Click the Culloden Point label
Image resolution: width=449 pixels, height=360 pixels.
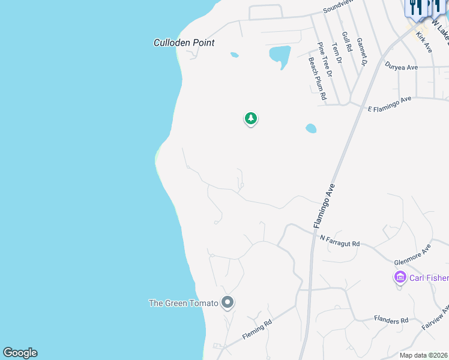184,43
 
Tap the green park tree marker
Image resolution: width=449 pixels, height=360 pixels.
251,119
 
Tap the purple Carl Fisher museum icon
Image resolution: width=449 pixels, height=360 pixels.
400,277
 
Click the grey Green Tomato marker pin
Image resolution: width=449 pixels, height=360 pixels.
227,302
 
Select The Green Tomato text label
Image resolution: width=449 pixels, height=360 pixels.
183,303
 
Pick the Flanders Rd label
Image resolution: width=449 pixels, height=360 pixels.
391,320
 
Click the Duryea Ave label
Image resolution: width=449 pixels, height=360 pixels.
402,67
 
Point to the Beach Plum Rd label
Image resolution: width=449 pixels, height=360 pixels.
316,78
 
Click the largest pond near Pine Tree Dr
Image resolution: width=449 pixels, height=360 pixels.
279,56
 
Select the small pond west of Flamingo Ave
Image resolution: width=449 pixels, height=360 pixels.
310,128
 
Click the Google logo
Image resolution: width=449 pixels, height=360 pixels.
20,353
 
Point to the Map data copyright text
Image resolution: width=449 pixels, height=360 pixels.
423,355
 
